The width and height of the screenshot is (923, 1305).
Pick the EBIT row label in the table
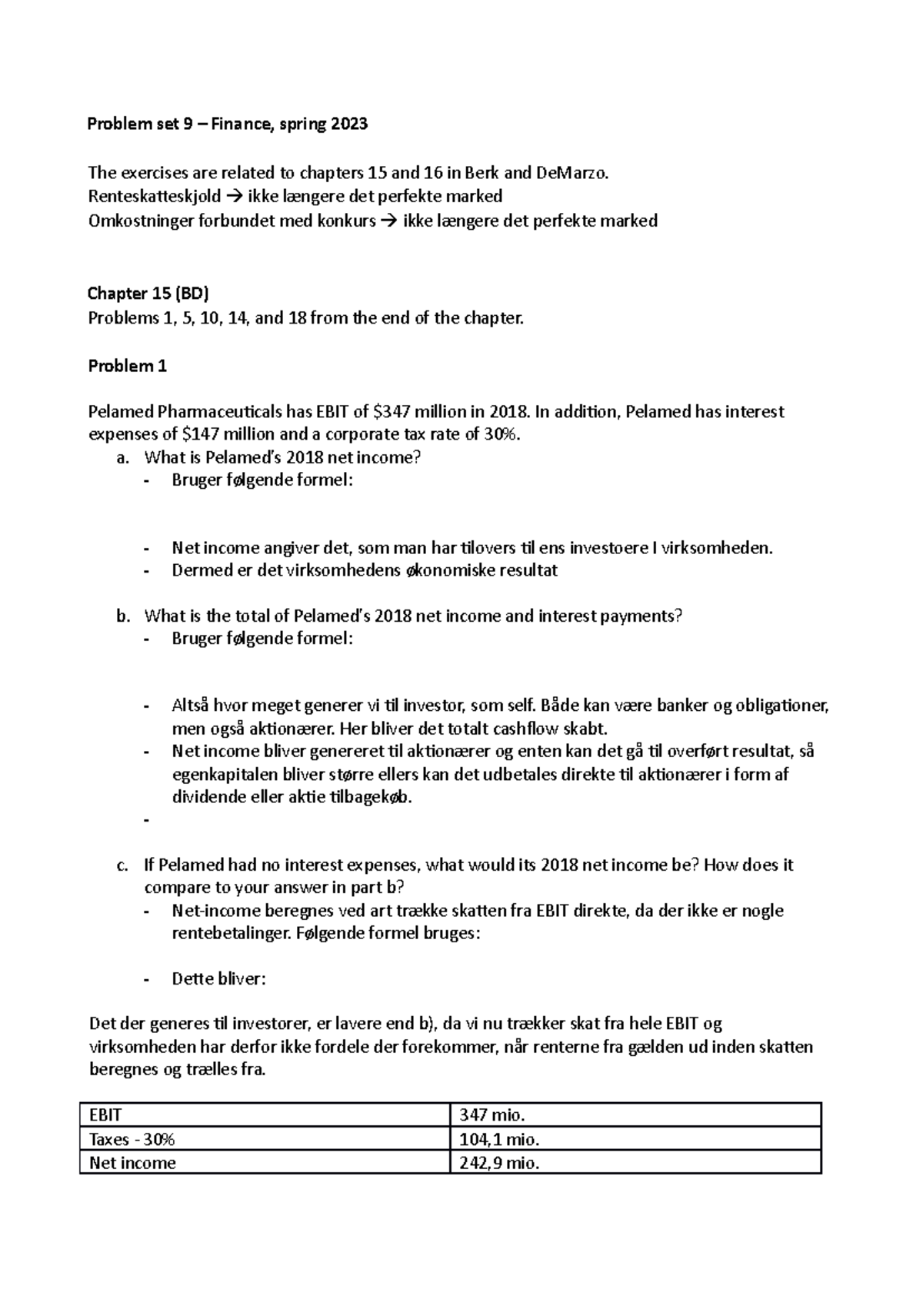(x=105, y=1115)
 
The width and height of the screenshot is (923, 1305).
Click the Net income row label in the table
(x=132, y=1163)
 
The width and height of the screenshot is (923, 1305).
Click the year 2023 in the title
(x=349, y=124)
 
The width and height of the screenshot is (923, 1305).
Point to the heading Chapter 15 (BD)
(x=148, y=293)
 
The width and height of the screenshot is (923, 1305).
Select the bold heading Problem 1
(x=127, y=366)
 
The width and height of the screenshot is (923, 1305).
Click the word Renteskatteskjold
(x=154, y=196)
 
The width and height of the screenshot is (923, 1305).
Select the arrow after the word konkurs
(x=388, y=221)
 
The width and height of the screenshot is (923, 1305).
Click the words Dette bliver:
(x=219, y=979)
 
